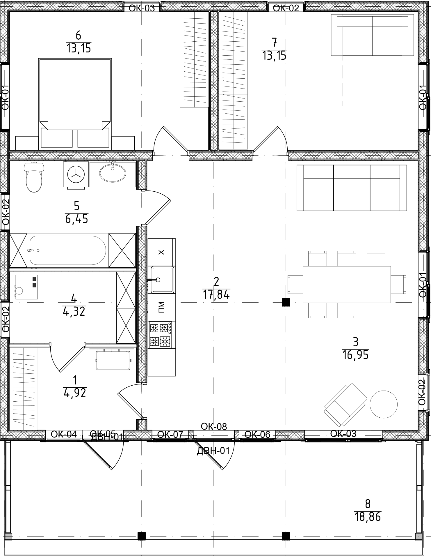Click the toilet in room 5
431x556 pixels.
[34, 178]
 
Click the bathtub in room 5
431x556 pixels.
[67, 250]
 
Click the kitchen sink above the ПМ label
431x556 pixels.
[162, 280]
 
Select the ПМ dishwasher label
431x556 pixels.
[161, 307]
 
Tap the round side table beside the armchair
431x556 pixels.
[383, 404]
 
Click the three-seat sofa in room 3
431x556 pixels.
[352, 188]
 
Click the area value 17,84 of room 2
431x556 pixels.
[216, 295]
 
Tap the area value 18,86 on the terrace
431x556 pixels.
[368, 517]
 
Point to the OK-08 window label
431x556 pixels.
[214, 426]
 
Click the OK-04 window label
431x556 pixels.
[64, 434]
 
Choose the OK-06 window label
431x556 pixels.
[257, 435]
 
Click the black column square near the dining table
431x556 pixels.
[286, 303]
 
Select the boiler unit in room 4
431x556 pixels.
[26, 287]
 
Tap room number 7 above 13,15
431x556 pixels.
[274, 43]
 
